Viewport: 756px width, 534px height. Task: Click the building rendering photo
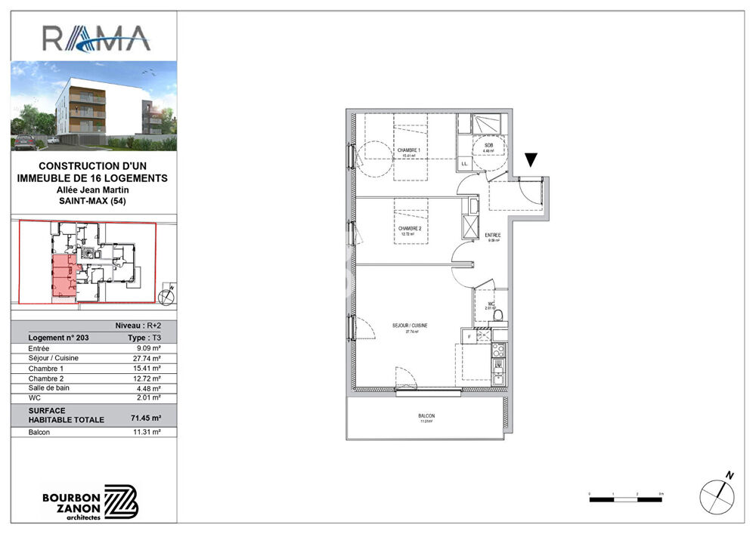94,105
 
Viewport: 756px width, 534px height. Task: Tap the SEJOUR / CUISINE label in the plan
410,326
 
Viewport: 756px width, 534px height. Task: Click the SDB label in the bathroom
488,146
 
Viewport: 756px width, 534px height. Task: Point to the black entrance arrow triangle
531,159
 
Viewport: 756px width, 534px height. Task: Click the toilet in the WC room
497,315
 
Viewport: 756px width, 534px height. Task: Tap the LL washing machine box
464,163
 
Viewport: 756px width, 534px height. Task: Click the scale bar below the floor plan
625,499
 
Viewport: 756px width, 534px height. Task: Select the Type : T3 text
145,338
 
